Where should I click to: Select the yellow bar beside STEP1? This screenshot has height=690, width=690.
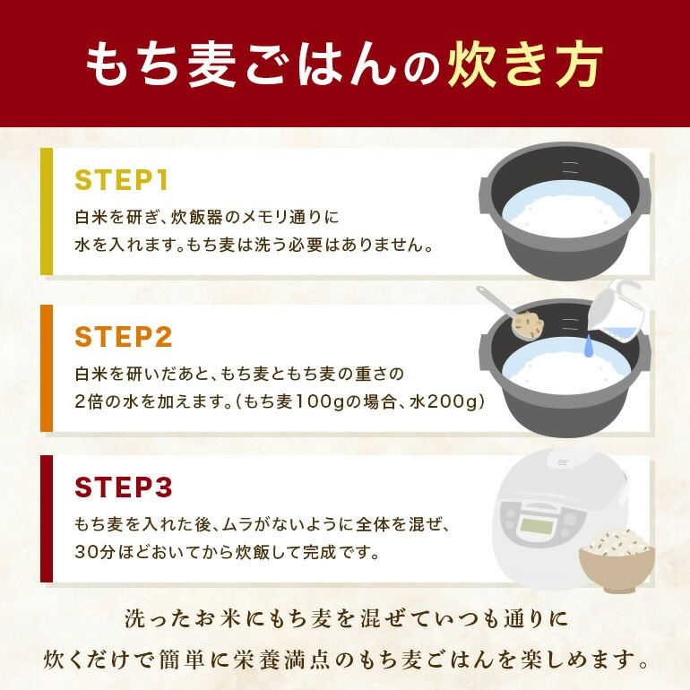click(47, 211)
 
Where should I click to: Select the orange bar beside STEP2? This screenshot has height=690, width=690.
click(47, 368)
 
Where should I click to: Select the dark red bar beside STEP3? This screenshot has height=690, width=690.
click(47, 519)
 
